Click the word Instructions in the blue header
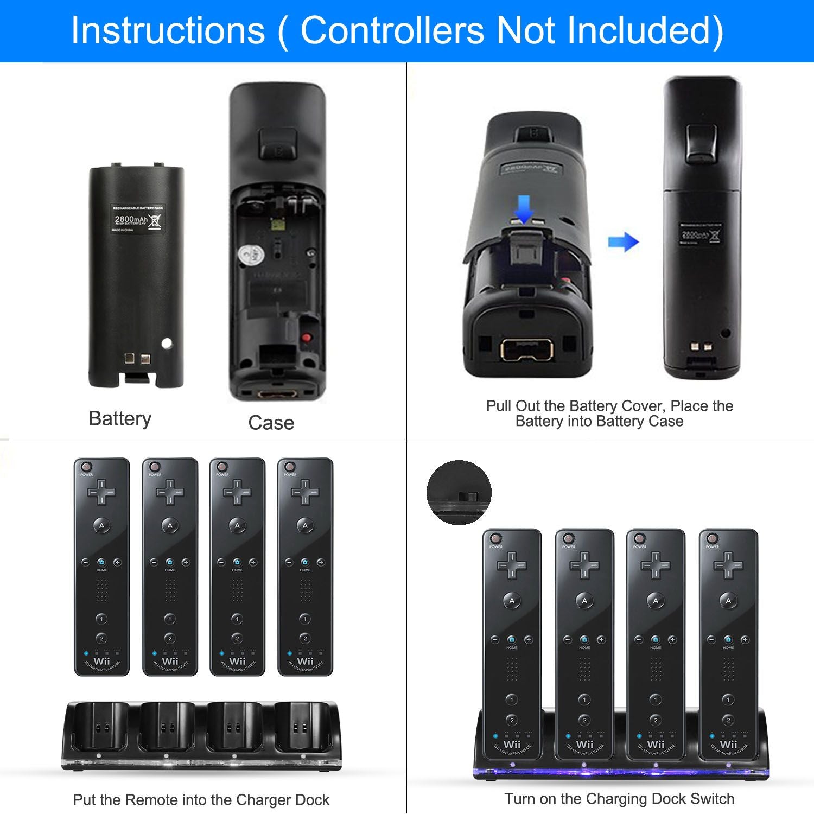point(168,30)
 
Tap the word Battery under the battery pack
point(120,419)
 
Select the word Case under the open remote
point(271,423)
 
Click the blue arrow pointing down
point(524,209)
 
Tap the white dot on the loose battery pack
point(167,343)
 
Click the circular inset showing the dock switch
point(459,493)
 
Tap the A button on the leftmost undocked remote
point(101,525)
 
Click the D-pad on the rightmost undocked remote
point(305,492)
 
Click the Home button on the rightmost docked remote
point(728,640)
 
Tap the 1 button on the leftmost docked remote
point(512,699)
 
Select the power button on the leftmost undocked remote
point(86,467)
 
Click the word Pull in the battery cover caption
point(498,406)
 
